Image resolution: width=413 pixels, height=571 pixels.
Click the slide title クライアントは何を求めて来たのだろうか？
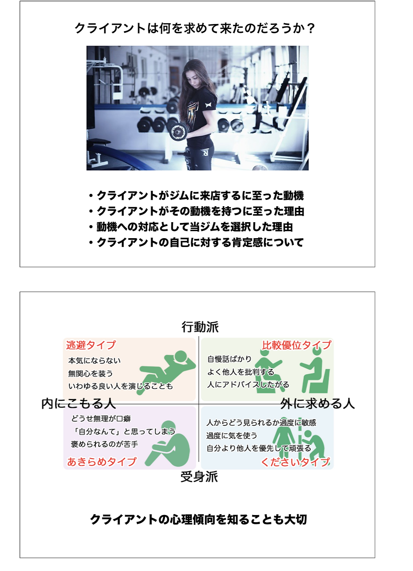(195, 28)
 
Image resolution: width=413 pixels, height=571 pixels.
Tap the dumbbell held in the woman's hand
(179, 132)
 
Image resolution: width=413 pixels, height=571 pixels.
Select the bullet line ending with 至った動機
(196, 196)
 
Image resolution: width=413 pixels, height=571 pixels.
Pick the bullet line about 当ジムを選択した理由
(190, 227)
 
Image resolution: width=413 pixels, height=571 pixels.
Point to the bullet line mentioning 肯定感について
(196, 242)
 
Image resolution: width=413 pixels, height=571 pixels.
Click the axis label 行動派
(200, 327)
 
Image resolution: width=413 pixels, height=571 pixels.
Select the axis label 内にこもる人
(79, 404)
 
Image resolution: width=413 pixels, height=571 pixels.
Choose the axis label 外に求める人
(317, 404)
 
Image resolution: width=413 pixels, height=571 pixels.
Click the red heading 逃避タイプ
(91, 345)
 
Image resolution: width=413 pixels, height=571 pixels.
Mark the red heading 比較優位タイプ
(297, 345)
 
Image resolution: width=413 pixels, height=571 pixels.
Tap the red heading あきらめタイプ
(102, 462)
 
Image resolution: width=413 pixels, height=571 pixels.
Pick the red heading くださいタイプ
(295, 462)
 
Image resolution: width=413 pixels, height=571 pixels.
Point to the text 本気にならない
(94, 361)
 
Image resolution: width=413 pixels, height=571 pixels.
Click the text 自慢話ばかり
(230, 359)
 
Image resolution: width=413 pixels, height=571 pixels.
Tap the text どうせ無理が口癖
(101, 419)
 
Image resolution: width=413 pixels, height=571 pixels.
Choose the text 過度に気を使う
(232, 436)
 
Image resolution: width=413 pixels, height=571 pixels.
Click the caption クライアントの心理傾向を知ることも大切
(198, 520)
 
